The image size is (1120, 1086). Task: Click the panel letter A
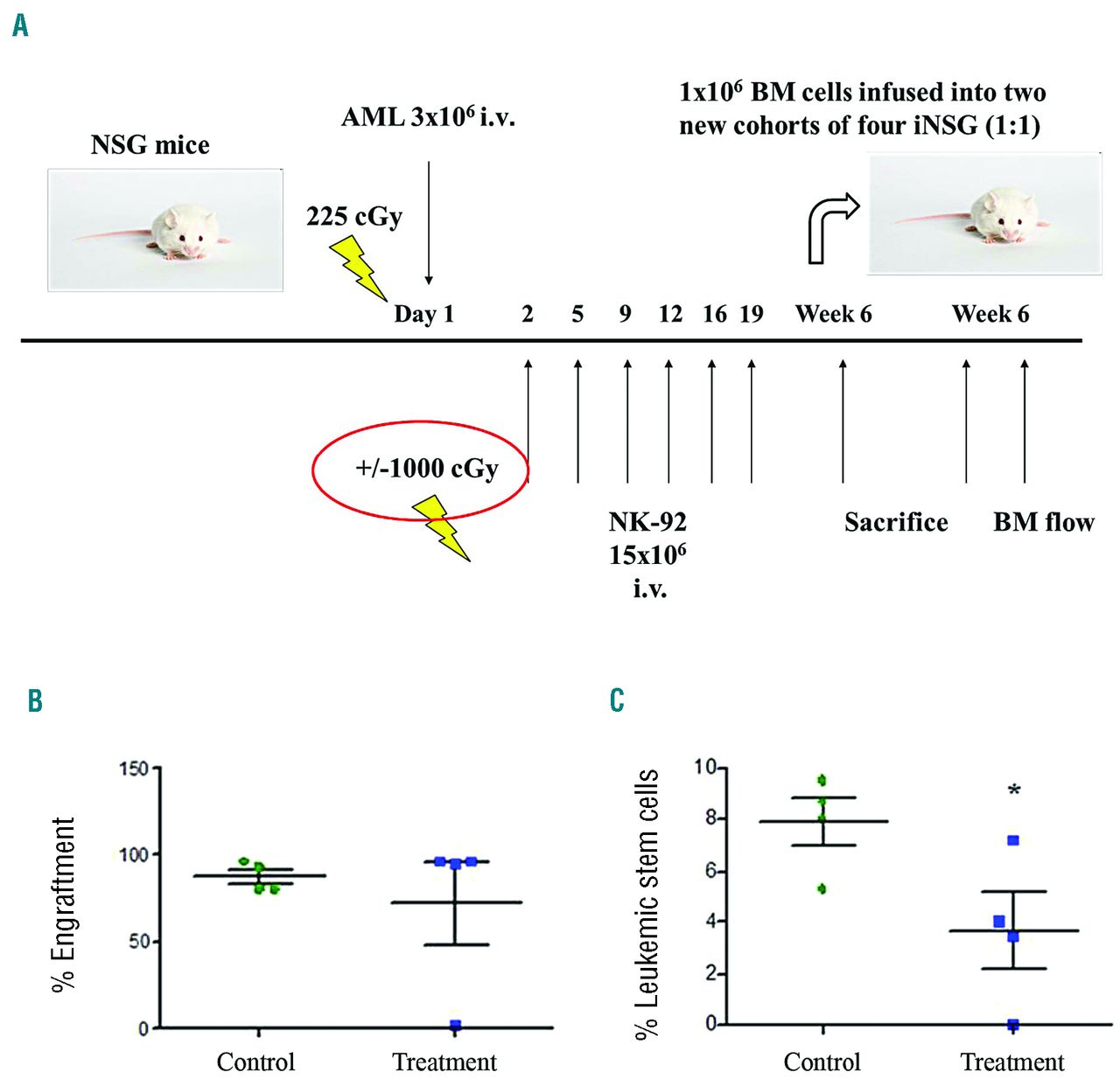(20, 25)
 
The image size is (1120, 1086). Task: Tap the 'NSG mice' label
(150, 145)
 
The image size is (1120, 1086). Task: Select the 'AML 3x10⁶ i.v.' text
(428, 117)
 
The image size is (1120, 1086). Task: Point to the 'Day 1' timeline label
(423, 314)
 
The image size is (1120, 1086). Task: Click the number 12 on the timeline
(670, 314)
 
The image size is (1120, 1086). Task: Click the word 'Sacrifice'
(896, 523)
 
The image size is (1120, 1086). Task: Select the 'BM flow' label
(1044, 523)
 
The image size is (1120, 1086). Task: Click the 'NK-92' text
(647, 523)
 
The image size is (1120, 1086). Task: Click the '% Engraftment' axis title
(64, 904)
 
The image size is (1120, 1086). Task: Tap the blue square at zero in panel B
(455, 1025)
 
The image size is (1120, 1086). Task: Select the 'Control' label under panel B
(255, 1062)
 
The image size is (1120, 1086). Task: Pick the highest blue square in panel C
(1013, 840)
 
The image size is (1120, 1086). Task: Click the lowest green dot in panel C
(822, 889)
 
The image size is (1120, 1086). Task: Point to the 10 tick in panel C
(704, 768)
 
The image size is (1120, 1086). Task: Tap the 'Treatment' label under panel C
(1012, 1062)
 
